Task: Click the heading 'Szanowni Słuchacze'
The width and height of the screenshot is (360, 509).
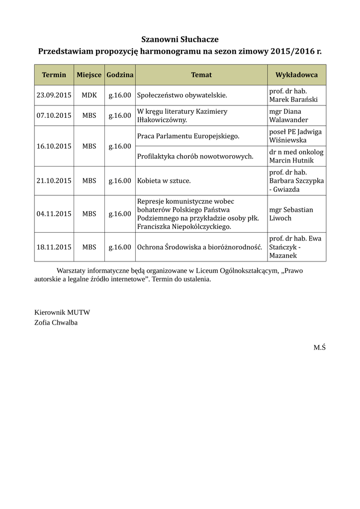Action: pos(180,39)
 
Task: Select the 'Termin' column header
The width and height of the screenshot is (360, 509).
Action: pos(54,75)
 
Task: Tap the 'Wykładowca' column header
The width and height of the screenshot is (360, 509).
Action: pos(296,75)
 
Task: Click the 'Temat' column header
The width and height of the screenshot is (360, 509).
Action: pos(201,75)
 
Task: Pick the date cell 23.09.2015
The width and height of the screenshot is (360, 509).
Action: pos(54,95)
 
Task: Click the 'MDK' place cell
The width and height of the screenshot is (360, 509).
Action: pos(90,95)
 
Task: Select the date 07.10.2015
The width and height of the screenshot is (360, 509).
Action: pos(54,115)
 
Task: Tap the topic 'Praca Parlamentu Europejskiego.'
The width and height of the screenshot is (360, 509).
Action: pos(188,136)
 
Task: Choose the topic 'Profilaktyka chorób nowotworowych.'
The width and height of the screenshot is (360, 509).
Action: pos(195,156)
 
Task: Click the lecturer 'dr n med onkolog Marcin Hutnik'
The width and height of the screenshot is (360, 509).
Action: pos(296,156)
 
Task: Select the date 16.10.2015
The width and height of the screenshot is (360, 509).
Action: pos(54,146)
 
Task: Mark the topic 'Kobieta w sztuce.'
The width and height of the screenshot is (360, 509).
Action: pos(164,180)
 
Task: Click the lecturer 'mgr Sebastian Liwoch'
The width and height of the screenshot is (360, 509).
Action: pos(291,214)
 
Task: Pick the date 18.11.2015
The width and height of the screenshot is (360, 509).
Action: pos(54,247)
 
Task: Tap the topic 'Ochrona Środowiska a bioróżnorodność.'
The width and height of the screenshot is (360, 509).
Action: pos(199,247)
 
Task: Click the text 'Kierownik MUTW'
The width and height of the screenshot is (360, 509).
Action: pos(62,312)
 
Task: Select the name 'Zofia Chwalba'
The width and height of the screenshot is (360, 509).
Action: pos(56,322)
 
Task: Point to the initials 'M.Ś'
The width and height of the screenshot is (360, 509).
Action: pos(319,347)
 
